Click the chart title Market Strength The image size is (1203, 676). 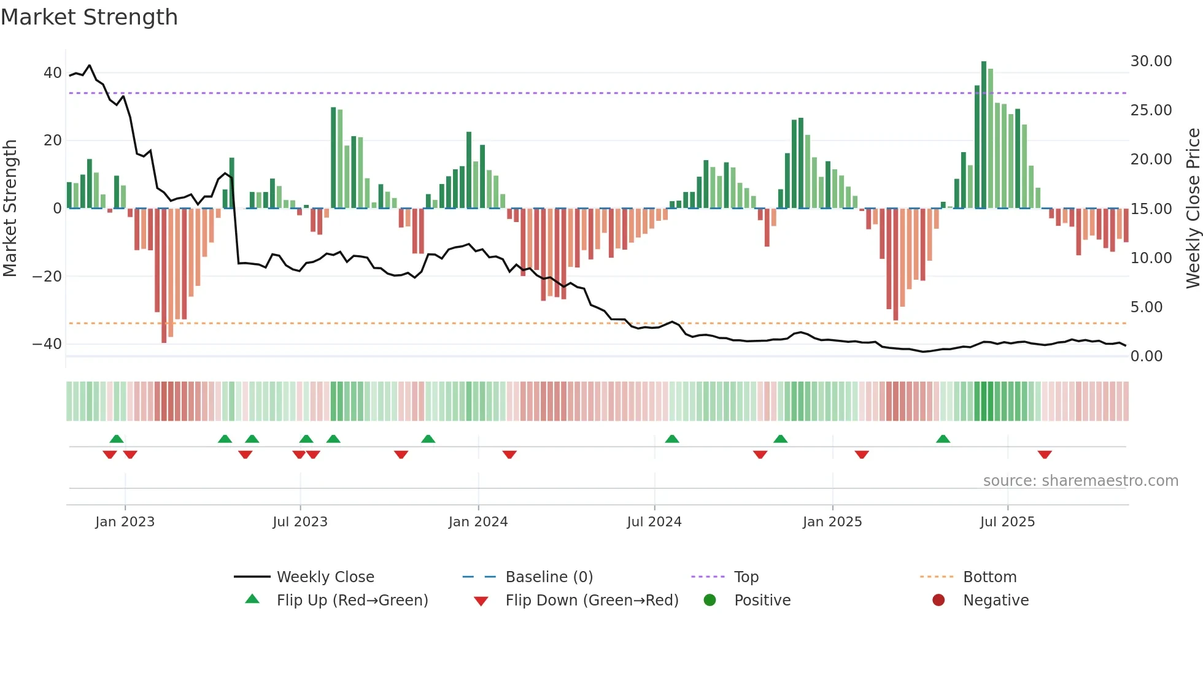pos(89,17)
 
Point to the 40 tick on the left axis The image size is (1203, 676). pos(53,73)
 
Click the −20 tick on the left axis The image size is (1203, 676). pos(47,277)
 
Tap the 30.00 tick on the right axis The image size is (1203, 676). pos(1151,61)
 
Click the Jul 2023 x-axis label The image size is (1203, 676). pos(300,522)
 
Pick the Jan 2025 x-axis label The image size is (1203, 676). pos(832,522)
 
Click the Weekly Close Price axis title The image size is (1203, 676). pos(1193,209)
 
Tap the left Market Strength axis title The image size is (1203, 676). pos(10,209)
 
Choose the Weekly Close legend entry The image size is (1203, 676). pos(325,577)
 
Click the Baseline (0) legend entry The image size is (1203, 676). pos(549,577)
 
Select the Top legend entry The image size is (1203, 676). pos(746,577)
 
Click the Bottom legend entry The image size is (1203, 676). pos(989,577)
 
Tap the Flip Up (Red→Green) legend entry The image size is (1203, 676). pos(352,601)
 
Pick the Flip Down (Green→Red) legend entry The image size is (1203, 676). pos(592,601)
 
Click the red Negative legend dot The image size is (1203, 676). pos(938,601)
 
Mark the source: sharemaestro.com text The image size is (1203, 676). pos(1080,481)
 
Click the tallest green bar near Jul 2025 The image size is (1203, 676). pos(984,135)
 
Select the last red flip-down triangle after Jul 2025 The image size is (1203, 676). pos(1045,455)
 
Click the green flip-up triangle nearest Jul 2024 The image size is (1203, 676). pos(672,439)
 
